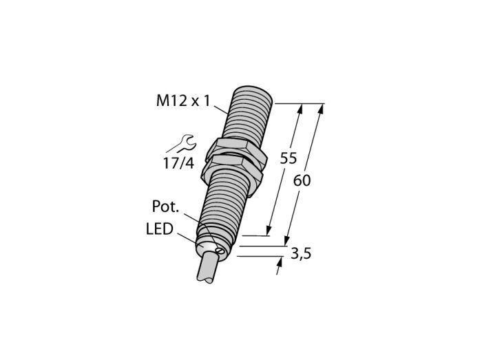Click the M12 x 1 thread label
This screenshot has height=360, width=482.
pos(183,100)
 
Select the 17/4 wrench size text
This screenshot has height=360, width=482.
pos(178,163)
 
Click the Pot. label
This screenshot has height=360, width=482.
pos(166,207)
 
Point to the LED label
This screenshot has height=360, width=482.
pos(160,229)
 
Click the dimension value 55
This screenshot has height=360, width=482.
pos(289,158)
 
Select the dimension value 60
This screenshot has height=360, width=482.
pos(302,180)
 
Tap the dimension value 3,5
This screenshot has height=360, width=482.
pos(301,254)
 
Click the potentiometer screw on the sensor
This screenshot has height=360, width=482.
pos(220,251)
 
